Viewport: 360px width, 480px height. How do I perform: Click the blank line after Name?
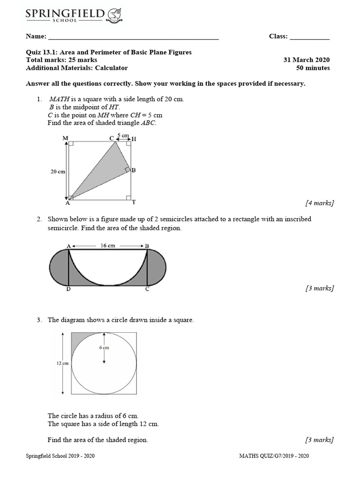tap(134, 37)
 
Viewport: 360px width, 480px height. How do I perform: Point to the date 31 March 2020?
tap(307, 60)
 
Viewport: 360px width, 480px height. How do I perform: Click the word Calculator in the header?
tap(112, 68)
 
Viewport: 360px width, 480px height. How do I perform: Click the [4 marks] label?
tap(319, 203)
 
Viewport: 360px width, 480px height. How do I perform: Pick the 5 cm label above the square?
tap(123, 135)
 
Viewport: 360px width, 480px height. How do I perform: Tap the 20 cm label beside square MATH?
tap(58, 172)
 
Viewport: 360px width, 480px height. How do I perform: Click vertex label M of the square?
tap(65, 138)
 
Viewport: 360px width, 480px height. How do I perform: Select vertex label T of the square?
tap(134, 202)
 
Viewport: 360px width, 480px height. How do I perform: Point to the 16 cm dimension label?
tap(107, 246)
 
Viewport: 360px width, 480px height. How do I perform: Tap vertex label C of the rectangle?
tap(147, 289)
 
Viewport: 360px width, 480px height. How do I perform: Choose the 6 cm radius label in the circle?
tap(104, 347)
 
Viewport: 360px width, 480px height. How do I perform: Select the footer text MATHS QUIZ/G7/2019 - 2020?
tap(274, 456)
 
